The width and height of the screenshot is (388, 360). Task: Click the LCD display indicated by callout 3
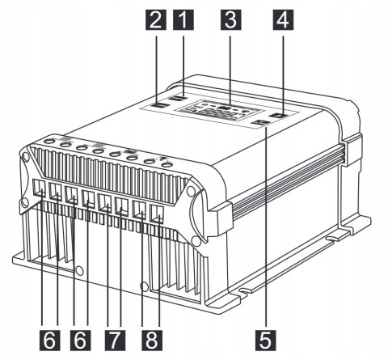(x=225, y=111)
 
